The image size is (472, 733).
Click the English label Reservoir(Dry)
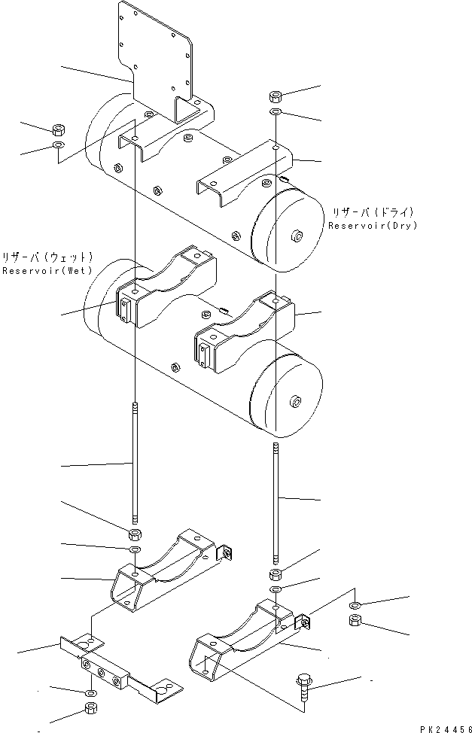click(x=372, y=226)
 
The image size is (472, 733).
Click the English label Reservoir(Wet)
click(x=47, y=270)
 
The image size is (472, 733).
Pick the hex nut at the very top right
click(x=276, y=96)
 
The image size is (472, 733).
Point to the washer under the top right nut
click(x=276, y=112)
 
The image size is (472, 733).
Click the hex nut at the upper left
click(x=59, y=129)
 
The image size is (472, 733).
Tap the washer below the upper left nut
click(x=59, y=144)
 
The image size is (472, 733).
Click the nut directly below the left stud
click(x=134, y=535)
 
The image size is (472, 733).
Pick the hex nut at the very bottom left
click(x=90, y=707)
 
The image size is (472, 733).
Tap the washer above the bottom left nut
click(x=90, y=691)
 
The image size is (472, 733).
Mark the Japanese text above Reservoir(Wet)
click(x=47, y=257)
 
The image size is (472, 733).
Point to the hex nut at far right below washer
click(x=356, y=621)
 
